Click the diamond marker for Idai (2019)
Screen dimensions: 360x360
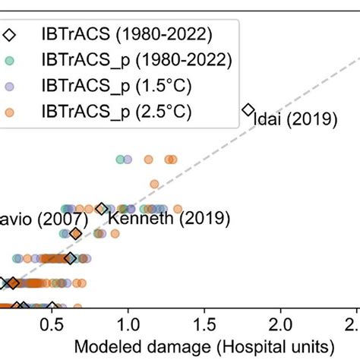tap(247, 110)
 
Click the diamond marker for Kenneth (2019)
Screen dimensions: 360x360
tap(102, 208)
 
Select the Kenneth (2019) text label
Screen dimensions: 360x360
tap(168, 219)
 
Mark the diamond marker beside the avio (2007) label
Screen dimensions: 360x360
tap(76, 234)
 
